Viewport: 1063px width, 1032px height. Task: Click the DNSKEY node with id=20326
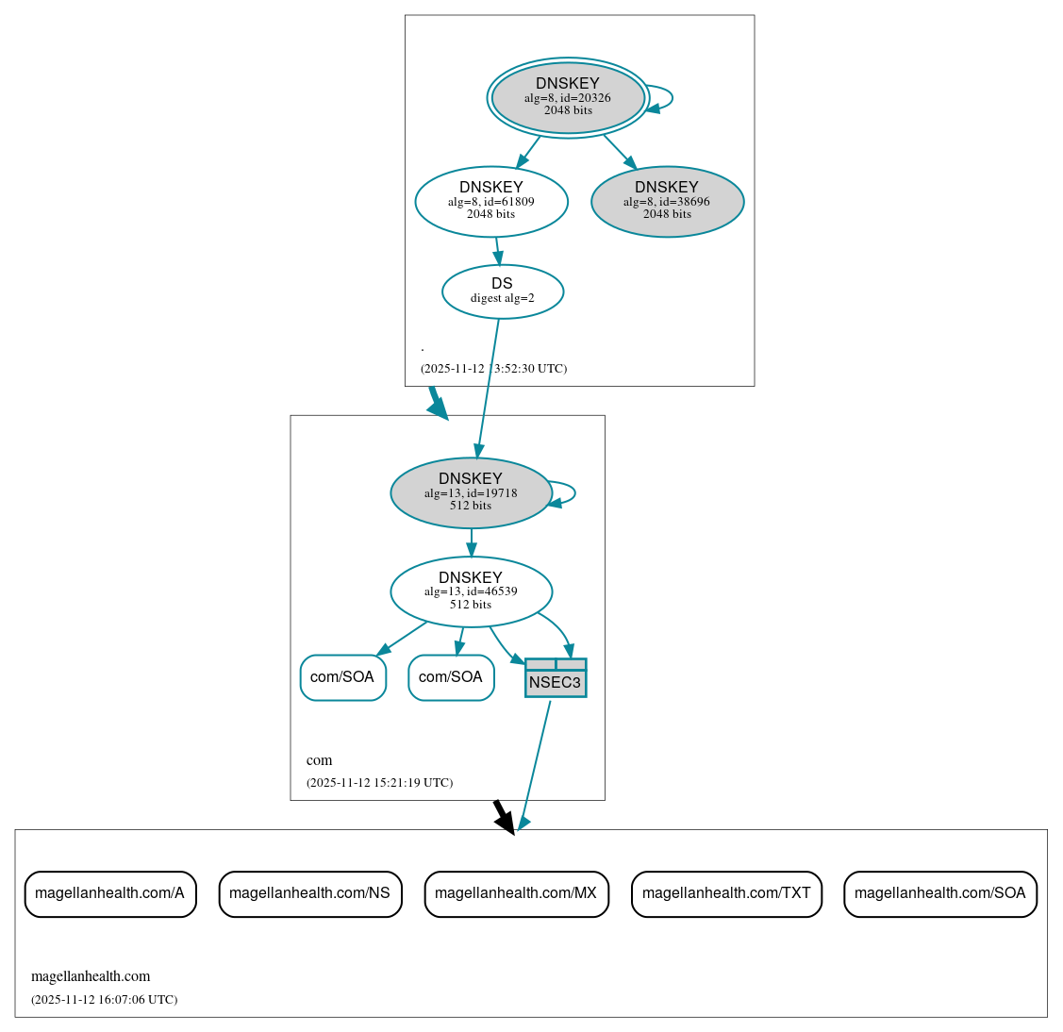click(x=568, y=97)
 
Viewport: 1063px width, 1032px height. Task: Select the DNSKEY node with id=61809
click(x=491, y=201)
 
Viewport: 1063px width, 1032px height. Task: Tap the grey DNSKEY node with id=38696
click(x=667, y=201)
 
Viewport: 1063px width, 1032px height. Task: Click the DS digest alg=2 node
click(x=502, y=291)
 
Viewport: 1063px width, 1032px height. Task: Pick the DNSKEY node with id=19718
click(x=471, y=492)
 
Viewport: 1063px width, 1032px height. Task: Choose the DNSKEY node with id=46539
click(x=471, y=591)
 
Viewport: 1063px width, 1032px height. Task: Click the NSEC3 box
click(x=556, y=678)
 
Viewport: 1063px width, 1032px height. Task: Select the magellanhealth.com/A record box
click(x=110, y=893)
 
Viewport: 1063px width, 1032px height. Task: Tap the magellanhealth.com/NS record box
click(x=310, y=893)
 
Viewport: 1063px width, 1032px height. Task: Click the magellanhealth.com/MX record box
click(x=516, y=893)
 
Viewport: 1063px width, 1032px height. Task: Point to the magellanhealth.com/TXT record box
click(x=726, y=893)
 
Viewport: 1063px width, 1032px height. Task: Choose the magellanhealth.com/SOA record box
click(x=939, y=893)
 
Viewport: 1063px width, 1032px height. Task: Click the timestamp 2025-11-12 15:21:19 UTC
click(x=379, y=783)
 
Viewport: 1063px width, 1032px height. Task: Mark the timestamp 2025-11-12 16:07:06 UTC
click(x=104, y=1000)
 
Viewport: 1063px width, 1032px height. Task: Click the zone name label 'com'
click(x=319, y=760)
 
